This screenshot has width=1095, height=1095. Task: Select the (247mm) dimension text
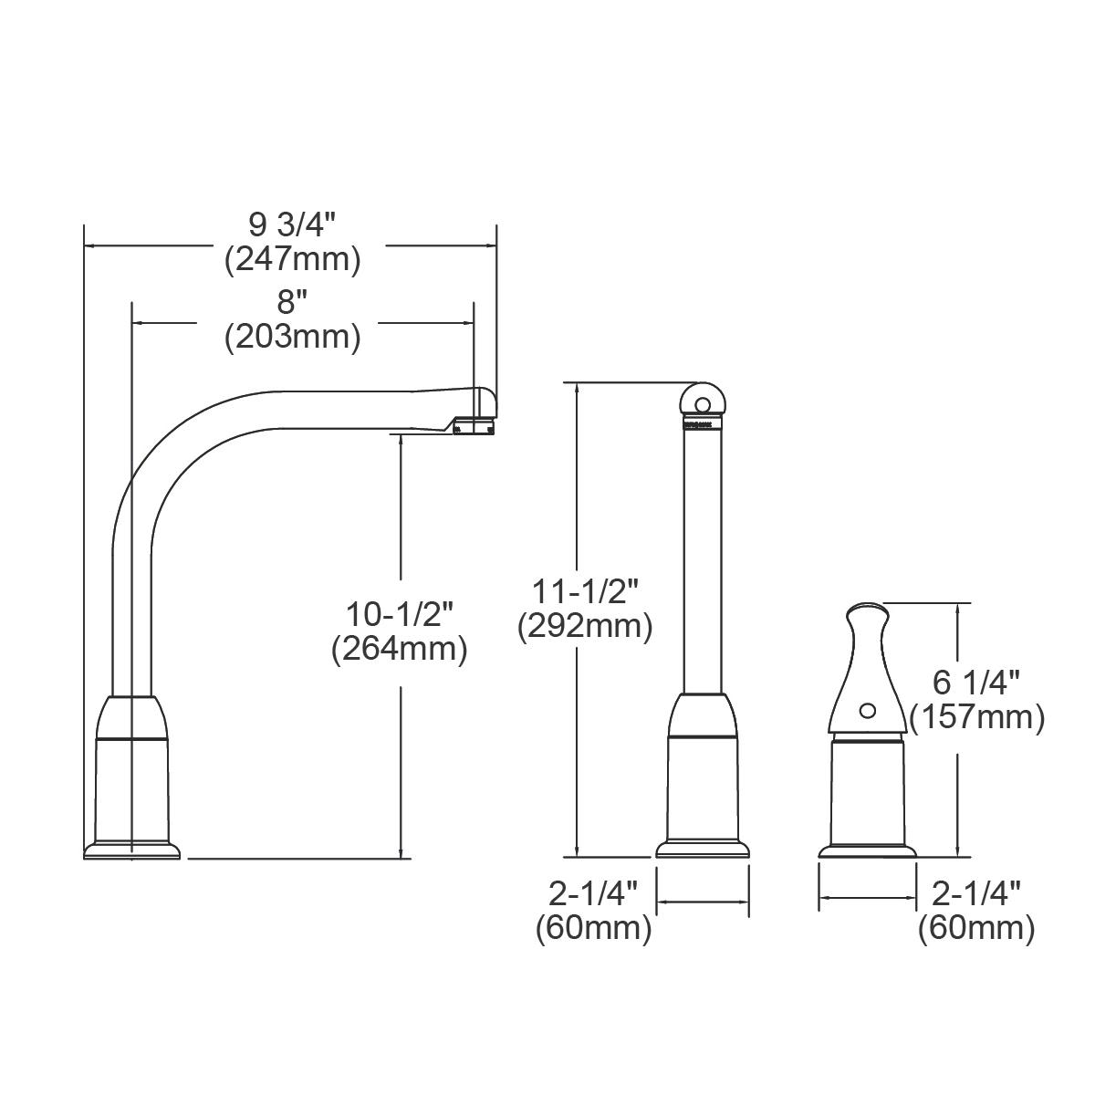tap(292, 261)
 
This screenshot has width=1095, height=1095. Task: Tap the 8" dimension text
tap(292, 301)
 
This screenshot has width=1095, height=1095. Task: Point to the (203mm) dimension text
tap(292, 338)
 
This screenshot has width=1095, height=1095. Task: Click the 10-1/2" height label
tap(399, 613)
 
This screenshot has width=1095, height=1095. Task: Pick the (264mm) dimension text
tap(399, 649)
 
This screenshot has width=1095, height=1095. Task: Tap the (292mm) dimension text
tap(584, 627)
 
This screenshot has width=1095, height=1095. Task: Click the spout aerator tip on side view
tap(474, 425)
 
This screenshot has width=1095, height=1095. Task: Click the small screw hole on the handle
tap(867, 709)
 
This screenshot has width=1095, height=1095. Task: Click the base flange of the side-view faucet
tap(132, 850)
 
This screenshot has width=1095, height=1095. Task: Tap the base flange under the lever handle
tap(867, 850)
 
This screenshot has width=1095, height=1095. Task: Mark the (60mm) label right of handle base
tap(976, 929)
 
